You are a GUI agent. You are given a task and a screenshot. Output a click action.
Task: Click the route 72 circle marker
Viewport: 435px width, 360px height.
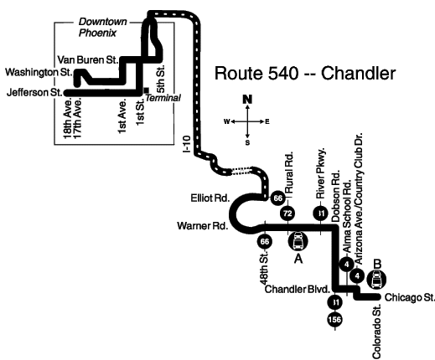click(x=287, y=213)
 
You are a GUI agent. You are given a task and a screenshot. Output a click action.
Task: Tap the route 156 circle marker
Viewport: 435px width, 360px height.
click(x=334, y=319)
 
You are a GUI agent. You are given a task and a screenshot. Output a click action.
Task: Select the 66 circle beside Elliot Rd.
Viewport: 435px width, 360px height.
click(x=277, y=198)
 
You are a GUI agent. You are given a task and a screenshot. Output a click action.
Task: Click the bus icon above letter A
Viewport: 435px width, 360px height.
click(x=298, y=241)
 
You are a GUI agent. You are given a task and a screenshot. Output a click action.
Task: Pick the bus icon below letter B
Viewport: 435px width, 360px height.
click(x=376, y=279)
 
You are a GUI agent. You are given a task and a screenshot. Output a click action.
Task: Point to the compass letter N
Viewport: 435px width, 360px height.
click(x=247, y=100)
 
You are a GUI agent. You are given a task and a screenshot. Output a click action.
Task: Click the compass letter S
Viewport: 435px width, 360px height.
click(x=247, y=143)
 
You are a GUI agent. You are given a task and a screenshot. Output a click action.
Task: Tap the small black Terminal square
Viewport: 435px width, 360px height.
click(x=146, y=90)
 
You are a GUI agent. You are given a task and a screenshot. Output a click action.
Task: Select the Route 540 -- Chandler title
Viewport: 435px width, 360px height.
click(x=305, y=74)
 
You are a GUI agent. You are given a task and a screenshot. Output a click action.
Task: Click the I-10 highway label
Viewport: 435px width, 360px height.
click(x=186, y=144)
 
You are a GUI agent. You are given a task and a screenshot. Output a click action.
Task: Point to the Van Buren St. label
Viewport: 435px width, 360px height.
click(x=88, y=59)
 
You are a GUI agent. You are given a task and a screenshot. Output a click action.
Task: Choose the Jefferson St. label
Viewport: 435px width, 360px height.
click(x=34, y=92)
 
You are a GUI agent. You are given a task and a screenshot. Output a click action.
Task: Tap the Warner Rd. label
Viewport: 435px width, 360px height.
click(x=203, y=225)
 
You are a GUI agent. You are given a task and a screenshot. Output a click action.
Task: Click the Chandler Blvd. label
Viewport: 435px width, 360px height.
click(x=298, y=289)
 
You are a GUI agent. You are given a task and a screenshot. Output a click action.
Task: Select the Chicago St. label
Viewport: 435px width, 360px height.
click(x=410, y=297)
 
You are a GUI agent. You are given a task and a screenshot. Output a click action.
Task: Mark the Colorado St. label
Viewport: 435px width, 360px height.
click(x=376, y=331)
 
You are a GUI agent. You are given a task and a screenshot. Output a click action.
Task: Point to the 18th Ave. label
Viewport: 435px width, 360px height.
click(x=67, y=118)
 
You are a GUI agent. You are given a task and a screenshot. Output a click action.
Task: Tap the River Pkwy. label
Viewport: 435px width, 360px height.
click(x=321, y=173)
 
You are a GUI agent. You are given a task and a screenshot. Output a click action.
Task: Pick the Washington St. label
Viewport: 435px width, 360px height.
click(x=39, y=72)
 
